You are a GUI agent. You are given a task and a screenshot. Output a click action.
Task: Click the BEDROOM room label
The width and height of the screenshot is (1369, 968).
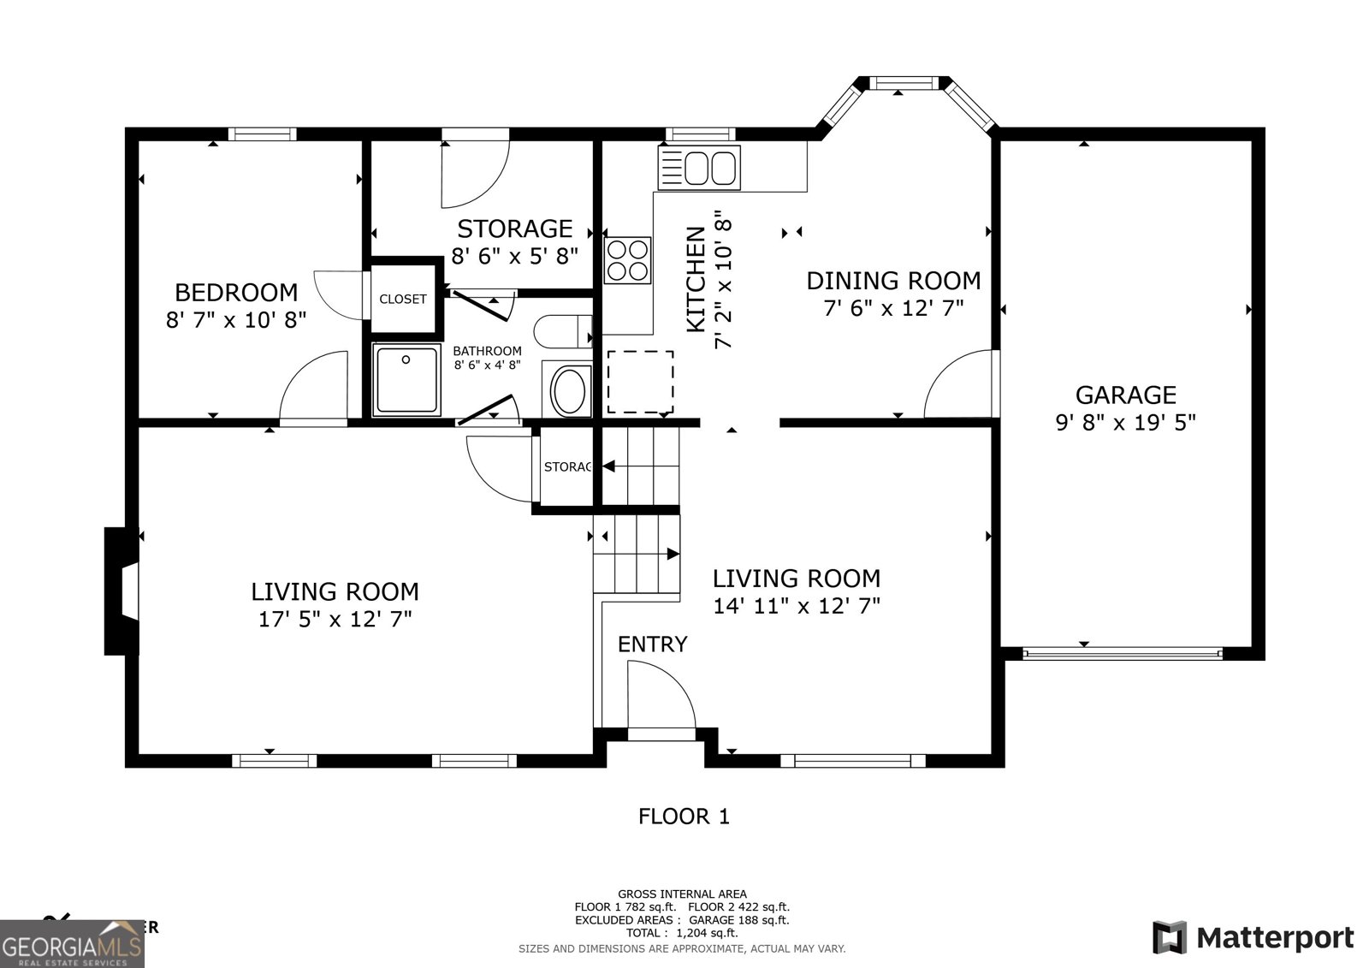point(236,293)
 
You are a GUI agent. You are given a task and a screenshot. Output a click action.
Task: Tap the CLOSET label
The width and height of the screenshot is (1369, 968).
point(402,299)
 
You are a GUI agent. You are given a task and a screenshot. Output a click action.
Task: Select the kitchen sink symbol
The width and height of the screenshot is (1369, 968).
point(698,167)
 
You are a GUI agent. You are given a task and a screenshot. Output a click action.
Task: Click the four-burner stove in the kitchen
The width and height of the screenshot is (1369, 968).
point(627,259)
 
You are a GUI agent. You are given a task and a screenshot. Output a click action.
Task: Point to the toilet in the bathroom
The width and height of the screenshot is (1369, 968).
point(561,331)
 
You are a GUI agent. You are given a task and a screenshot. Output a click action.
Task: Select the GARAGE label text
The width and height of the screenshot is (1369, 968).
point(1125,395)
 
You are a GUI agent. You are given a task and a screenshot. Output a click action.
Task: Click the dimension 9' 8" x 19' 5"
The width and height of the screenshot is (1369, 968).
point(1125,422)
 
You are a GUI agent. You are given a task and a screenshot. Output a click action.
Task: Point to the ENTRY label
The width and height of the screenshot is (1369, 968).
point(652,644)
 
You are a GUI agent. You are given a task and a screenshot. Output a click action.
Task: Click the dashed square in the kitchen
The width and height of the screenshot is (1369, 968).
point(640,382)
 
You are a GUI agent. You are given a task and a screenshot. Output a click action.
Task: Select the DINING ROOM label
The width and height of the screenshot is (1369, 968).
point(893,280)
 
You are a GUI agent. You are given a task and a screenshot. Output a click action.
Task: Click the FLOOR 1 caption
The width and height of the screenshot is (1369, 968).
point(684,817)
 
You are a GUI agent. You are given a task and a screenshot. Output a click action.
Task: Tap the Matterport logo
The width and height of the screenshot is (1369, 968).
point(1253,937)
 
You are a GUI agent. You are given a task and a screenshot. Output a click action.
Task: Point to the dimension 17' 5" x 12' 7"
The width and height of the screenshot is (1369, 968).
point(335,619)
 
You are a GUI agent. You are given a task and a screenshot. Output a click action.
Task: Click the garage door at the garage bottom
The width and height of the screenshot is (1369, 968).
point(1122,654)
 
